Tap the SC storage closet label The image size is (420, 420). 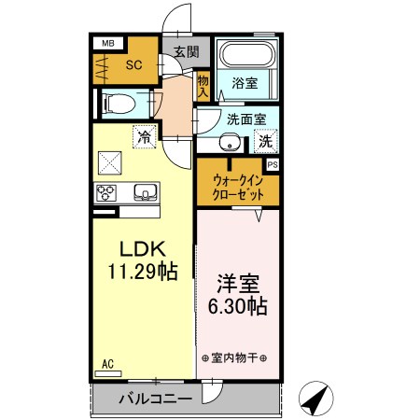coord(133,66)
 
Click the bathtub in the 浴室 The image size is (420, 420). coord(246,55)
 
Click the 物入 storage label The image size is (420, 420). coord(203,87)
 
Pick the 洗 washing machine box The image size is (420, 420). coord(265,143)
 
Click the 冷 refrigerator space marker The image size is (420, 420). coord(144,136)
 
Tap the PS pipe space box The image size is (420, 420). coord(273,165)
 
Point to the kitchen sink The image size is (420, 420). coord(146,193)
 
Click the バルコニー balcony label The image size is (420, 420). coord(155,399)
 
